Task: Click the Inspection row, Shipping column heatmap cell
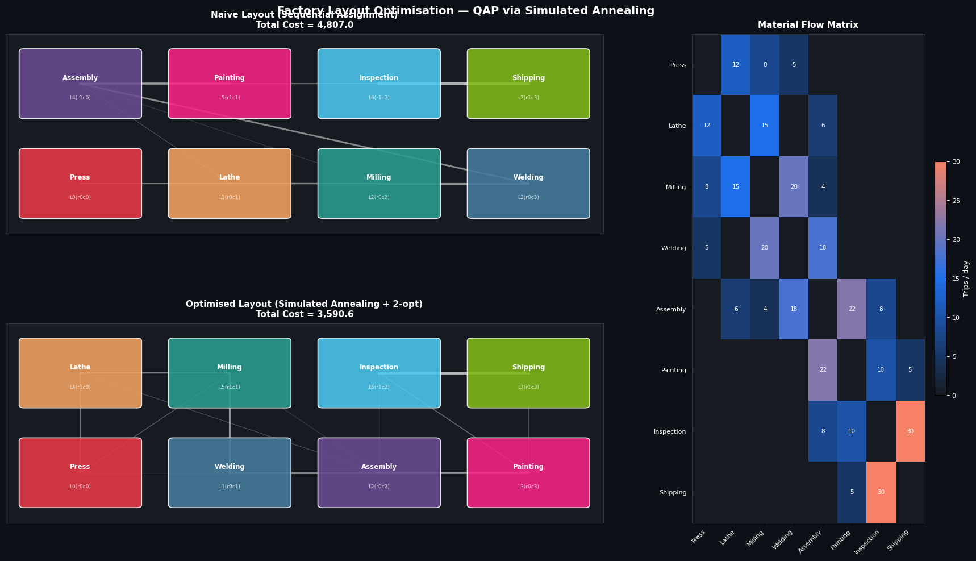[910, 431]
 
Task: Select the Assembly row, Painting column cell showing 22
[852, 309]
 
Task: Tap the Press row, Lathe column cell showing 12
[736, 65]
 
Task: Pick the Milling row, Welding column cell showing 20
[794, 187]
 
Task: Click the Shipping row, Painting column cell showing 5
[852, 492]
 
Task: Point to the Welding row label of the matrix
[673, 248]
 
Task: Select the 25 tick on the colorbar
[956, 201]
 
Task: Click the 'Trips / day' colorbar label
[966, 279]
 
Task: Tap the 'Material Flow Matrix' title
[808, 25]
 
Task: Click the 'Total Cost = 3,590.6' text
[305, 314]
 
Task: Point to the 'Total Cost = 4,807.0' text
[305, 25]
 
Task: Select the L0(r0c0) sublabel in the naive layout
[80, 197]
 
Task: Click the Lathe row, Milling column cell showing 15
[765, 126]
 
